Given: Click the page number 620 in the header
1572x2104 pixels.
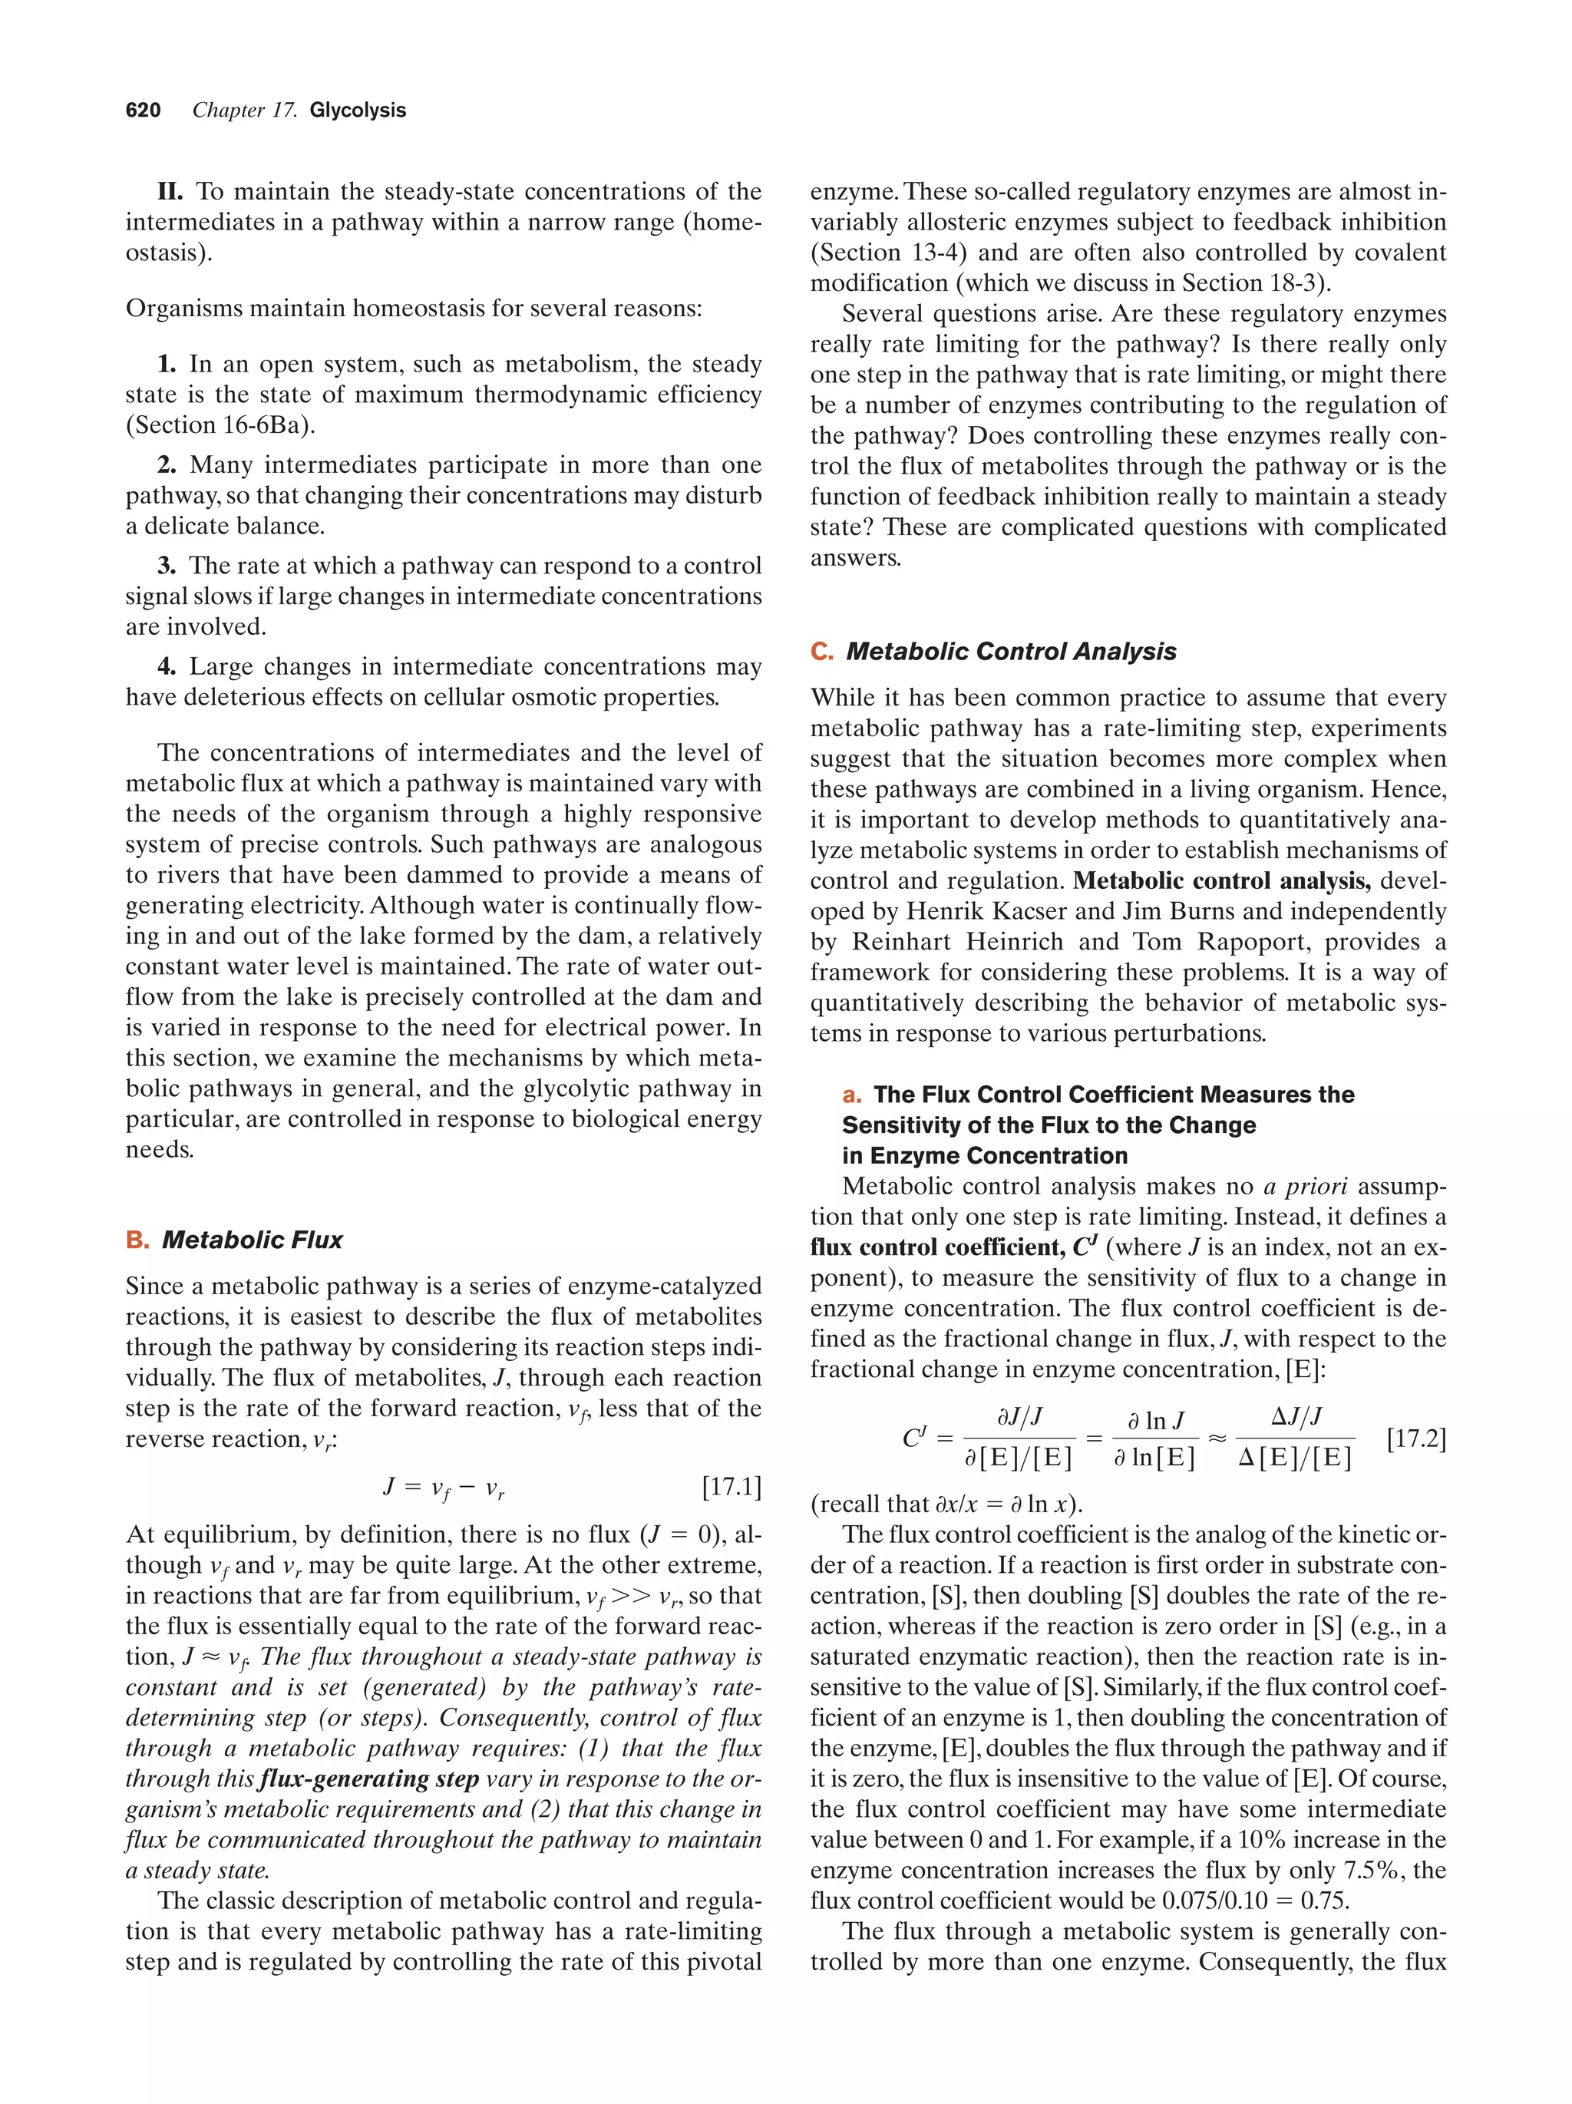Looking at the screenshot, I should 143,111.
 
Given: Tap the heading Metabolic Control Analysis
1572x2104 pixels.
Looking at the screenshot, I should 1010,652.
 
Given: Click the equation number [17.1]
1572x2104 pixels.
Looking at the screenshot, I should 731,1487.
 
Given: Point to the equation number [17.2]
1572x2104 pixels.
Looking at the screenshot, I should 1416,1438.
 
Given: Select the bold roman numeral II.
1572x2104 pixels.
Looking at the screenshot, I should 170,192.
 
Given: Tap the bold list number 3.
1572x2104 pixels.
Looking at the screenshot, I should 167,566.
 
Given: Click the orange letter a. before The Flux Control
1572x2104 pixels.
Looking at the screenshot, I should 851,1095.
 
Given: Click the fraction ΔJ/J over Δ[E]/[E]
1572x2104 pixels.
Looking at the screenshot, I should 1294,1438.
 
